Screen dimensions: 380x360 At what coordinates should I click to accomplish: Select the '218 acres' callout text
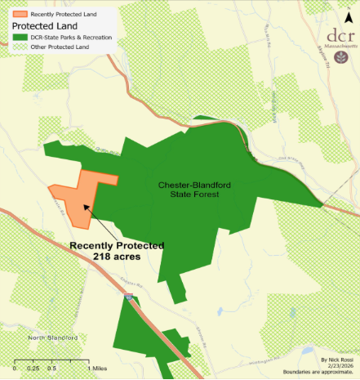[117, 256]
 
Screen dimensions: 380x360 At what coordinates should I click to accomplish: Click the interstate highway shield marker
[131, 302]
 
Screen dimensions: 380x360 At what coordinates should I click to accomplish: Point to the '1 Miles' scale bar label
[98, 369]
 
